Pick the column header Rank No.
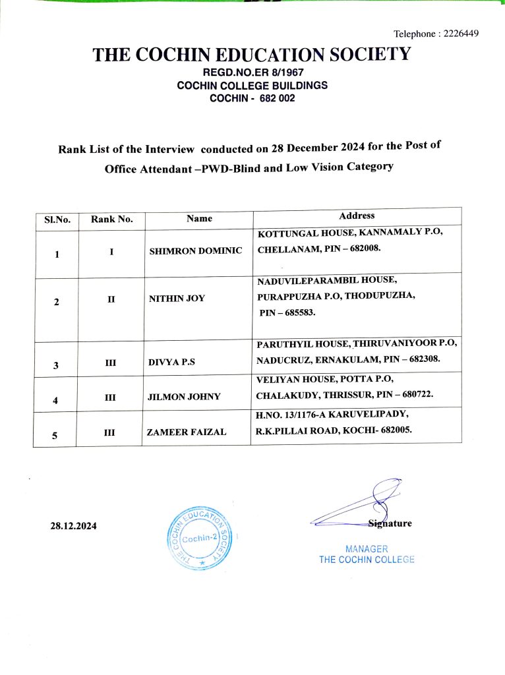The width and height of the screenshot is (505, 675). (x=111, y=220)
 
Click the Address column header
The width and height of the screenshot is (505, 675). (x=357, y=216)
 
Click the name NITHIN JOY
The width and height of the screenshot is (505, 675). (x=177, y=299)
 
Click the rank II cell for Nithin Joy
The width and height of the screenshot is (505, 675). (x=111, y=299)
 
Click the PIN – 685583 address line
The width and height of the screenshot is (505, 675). (x=287, y=313)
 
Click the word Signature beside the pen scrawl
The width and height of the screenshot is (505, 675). (x=390, y=523)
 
